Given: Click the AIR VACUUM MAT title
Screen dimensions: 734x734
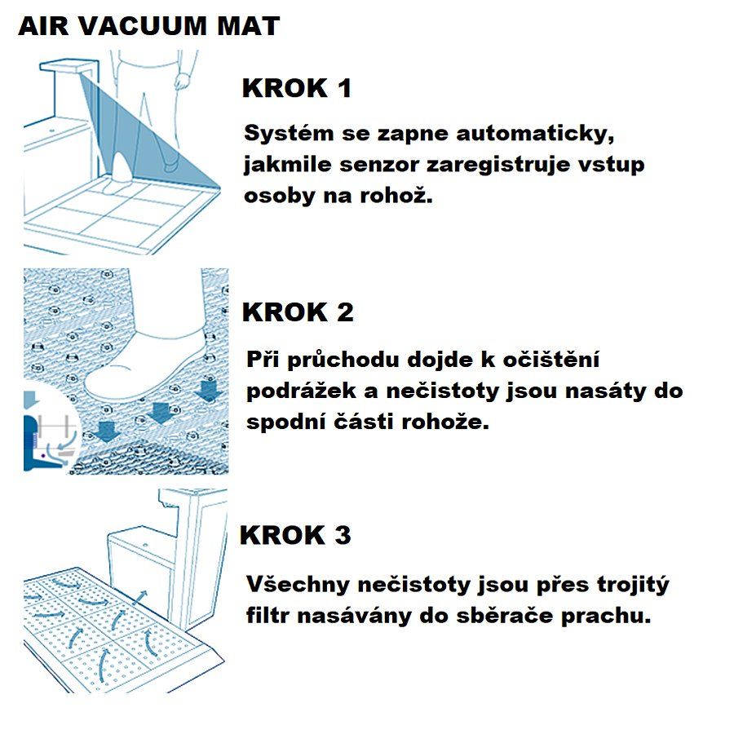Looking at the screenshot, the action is (149, 26).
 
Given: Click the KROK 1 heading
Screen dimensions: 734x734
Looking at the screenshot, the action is (297, 88).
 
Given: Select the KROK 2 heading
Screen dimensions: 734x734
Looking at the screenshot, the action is (298, 312).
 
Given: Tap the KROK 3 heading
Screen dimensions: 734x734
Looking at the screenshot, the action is (295, 535).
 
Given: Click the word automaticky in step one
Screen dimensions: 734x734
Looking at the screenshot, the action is (535, 135).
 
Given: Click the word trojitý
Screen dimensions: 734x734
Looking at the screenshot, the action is (633, 585).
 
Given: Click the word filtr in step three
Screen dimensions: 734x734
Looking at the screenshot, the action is (268, 616).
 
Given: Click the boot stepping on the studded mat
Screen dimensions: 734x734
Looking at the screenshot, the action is (148, 356).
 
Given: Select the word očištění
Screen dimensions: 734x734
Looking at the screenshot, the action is (551, 360).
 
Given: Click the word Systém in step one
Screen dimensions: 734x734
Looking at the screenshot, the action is (289, 135).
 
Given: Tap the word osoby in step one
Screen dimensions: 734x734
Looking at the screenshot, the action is (279, 197).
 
